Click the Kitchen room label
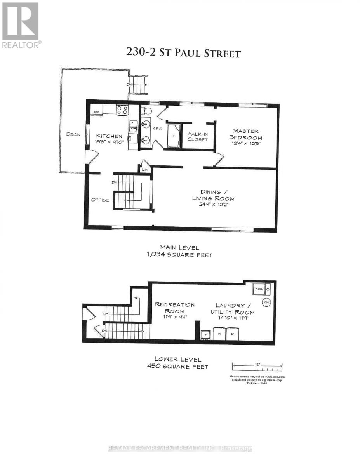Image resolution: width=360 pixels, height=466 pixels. coord(109,136)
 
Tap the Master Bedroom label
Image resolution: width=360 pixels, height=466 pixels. coord(245,134)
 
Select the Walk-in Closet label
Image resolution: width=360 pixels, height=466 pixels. coord(197,136)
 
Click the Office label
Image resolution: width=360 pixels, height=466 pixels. coord(100,200)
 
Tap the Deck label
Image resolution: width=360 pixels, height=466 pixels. coord(73,134)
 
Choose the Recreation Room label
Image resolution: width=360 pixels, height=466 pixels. coord(175,308)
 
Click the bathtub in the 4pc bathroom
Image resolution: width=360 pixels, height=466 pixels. coord(173,136)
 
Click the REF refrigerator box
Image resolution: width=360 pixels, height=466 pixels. coord(96,112)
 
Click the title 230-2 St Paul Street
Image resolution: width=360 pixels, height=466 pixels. coord(183,53)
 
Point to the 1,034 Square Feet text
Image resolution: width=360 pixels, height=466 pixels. coord(179,255)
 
